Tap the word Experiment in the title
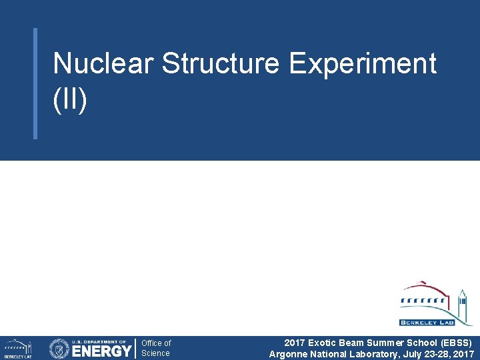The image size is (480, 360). pyautogui.click(x=363, y=64)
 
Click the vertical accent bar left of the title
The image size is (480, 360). pyautogui.click(x=35, y=83)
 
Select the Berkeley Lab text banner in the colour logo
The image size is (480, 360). pyautogui.click(x=427, y=323)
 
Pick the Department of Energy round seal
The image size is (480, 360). pyautogui.click(x=59, y=349)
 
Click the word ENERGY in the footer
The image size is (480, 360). pyautogui.click(x=101, y=351)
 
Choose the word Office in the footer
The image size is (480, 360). pyautogui.click(x=151, y=343)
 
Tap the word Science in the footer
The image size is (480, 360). pyautogui.click(x=155, y=353)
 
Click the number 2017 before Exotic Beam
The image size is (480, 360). pyautogui.click(x=295, y=343)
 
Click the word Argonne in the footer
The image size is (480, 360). pyautogui.click(x=287, y=354)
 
